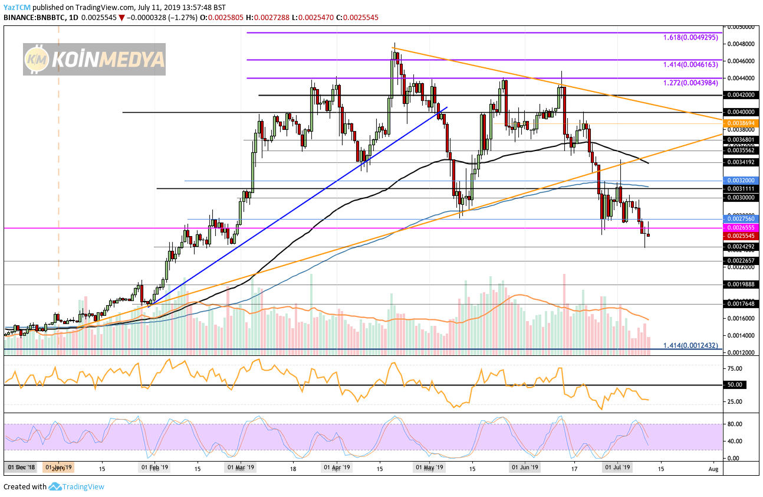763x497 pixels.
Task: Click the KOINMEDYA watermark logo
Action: point(94,59)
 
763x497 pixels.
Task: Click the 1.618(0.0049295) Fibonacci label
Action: point(690,37)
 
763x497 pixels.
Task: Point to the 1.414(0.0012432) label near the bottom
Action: point(690,345)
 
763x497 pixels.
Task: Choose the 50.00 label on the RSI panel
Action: point(739,385)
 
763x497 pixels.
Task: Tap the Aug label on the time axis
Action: point(713,469)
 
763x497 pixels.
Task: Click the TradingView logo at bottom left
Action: point(77,487)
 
